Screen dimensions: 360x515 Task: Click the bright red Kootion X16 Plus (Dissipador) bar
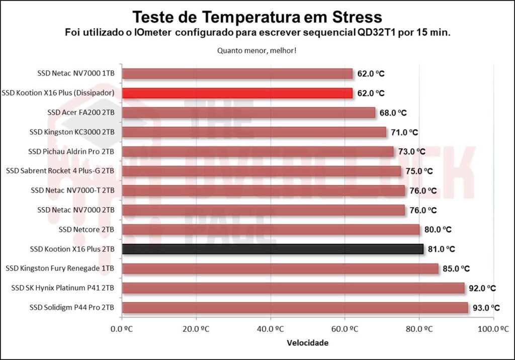237,93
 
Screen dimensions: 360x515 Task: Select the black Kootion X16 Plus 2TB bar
273,249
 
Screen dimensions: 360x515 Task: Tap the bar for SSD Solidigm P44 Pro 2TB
295,307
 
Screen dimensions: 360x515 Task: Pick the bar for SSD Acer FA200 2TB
248,113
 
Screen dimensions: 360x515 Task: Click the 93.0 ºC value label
486,308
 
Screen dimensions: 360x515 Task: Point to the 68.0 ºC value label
393,113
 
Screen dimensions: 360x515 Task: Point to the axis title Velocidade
307,343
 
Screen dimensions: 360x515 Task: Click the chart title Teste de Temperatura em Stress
257,17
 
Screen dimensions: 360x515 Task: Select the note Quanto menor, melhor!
257,51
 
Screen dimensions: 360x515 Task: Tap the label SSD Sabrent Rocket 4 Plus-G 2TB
60,171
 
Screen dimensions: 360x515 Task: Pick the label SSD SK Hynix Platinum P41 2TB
63,288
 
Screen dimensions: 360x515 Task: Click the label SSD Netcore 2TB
87,229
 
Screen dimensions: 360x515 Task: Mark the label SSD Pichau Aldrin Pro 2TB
71,151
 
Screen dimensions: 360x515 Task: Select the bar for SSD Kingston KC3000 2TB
254,132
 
